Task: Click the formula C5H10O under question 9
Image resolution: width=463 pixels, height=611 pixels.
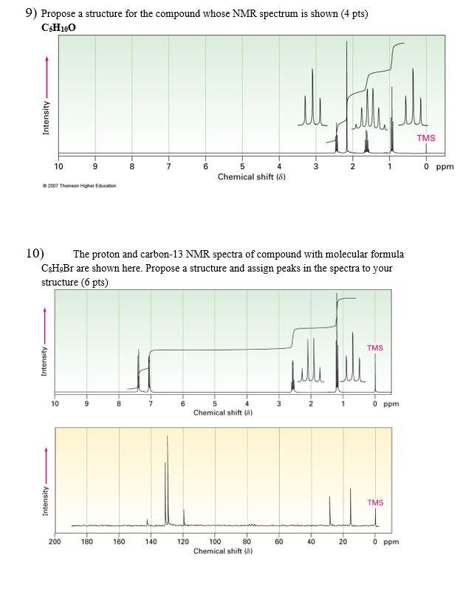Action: [58, 27]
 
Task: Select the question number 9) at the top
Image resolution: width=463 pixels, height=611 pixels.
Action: [31, 13]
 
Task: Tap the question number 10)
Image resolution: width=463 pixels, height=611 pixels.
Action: [35, 254]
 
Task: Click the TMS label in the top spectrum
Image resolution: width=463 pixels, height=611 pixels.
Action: [426, 138]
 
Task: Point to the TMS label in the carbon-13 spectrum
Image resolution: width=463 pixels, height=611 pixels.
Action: [375, 503]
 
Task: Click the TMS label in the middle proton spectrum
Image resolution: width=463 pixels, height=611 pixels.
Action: [375, 348]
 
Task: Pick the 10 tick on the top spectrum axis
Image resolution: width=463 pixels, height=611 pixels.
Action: [59, 167]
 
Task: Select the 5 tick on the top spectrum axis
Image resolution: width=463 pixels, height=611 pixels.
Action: [242, 167]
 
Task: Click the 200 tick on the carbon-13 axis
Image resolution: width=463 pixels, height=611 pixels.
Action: [55, 542]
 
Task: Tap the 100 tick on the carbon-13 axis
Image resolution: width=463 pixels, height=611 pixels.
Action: [216, 542]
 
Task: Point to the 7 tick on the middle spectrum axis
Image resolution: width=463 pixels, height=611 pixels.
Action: [151, 404]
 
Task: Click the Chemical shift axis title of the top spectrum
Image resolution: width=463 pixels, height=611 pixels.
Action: [251, 177]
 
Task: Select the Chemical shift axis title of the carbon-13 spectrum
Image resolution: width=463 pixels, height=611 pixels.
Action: [223, 551]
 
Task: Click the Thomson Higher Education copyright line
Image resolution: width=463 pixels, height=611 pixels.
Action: [79, 186]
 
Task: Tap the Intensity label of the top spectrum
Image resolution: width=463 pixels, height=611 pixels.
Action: [47, 117]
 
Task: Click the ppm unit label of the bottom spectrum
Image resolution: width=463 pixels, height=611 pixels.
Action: [391, 542]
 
